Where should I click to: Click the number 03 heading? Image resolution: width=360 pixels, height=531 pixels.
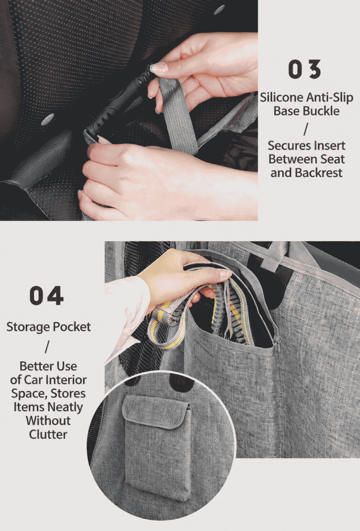(304, 70)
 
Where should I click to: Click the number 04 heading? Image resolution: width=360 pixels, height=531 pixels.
(47, 295)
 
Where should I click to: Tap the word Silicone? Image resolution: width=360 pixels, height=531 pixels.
(282, 97)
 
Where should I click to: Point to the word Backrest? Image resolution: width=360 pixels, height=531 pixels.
(319, 173)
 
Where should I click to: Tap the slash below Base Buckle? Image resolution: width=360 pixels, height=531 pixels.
(306, 129)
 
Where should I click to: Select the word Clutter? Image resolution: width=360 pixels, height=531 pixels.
(48, 434)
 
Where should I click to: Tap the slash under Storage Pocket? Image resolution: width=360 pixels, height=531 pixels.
(47, 347)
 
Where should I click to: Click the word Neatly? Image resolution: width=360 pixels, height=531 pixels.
(65, 407)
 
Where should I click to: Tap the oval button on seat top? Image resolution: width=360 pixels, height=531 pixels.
(47, 119)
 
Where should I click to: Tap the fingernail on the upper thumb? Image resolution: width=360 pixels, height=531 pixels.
(158, 67)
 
